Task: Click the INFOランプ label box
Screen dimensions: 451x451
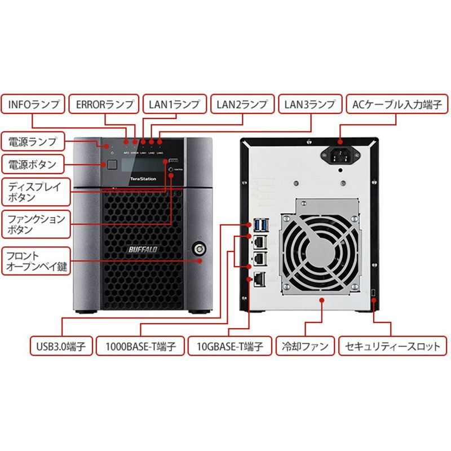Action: (35, 104)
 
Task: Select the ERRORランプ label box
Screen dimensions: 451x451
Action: (104, 104)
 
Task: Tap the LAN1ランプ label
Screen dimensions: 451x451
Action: (174, 104)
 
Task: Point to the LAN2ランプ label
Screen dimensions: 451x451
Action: (242, 104)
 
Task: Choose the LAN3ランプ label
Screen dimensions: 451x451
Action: (311, 104)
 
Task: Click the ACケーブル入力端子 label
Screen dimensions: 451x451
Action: (392, 104)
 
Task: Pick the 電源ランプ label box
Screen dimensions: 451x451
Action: (33, 140)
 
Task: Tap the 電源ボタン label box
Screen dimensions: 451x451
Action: (33, 165)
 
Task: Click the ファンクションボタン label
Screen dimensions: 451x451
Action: (35, 224)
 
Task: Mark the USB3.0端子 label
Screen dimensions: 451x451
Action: (61, 346)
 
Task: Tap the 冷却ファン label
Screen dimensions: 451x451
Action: (305, 346)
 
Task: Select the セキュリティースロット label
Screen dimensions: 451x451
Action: (393, 346)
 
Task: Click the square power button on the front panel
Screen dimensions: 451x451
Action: (112, 165)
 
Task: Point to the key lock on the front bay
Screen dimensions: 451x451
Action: (199, 248)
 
